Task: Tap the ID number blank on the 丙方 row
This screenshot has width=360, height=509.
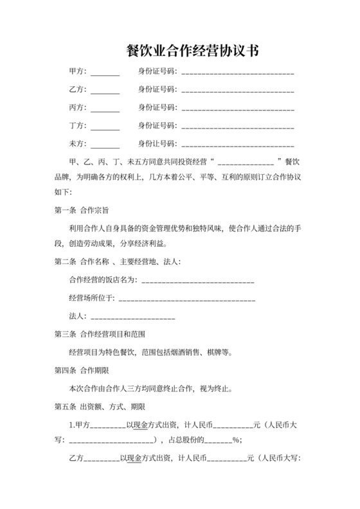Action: coord(238,108)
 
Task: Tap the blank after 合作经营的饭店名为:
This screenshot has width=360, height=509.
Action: coord(197,281)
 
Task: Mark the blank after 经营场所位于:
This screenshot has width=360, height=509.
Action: coord(186,299)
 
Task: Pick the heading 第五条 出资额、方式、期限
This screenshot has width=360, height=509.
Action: coord(100,407)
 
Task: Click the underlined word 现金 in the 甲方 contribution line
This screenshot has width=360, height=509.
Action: coord(141,425)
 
